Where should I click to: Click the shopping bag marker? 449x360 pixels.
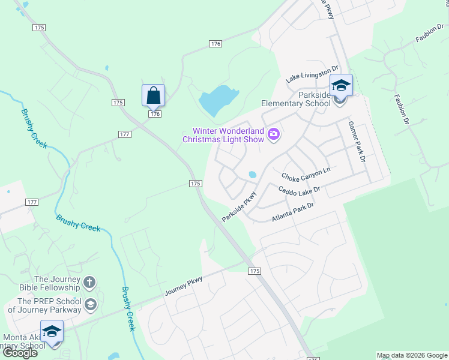153,95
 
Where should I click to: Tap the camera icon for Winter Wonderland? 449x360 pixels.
274,133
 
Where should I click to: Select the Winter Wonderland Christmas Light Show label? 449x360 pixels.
223,135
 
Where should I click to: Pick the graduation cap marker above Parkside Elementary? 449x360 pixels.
340,85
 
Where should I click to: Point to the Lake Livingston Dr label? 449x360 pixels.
312,75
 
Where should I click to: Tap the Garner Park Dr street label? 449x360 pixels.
357,142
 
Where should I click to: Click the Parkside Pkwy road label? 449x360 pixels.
239,206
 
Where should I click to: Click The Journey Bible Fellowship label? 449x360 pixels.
57,283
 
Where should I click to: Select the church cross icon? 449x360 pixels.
89,282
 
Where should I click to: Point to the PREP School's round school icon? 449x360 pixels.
90,304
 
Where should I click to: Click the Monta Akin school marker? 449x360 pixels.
52,331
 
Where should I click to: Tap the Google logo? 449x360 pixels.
20,353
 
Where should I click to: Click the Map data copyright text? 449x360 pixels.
412,355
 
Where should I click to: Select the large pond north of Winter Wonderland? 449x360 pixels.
218,100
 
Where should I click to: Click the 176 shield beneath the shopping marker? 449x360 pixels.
155,114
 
